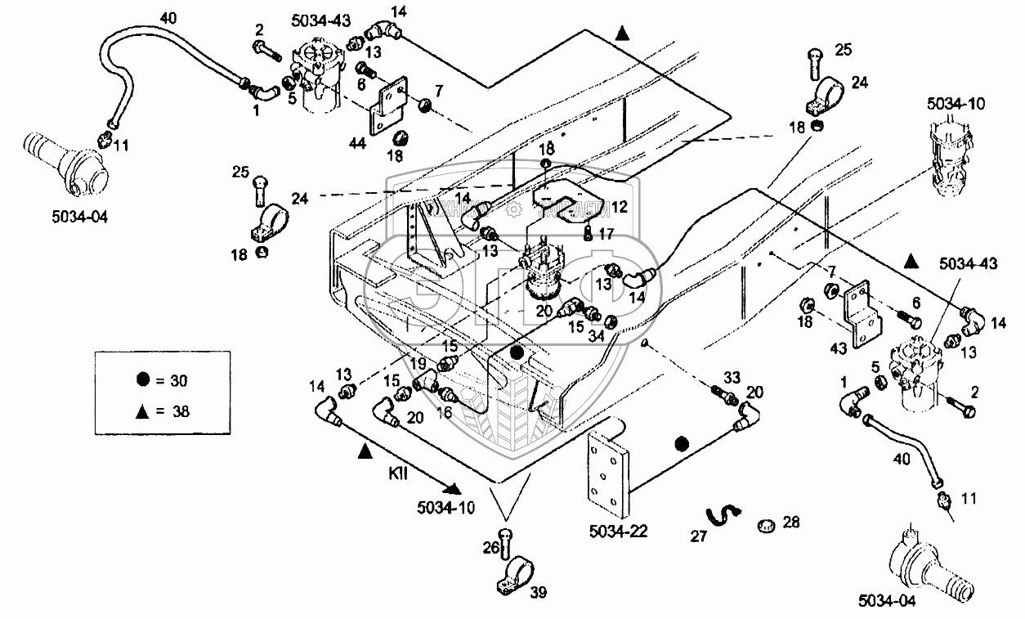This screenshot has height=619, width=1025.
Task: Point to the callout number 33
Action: pos(732,377)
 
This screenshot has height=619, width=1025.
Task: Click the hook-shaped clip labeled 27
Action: pos(723,517)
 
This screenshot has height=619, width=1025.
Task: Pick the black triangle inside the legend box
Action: pos(143,411)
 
